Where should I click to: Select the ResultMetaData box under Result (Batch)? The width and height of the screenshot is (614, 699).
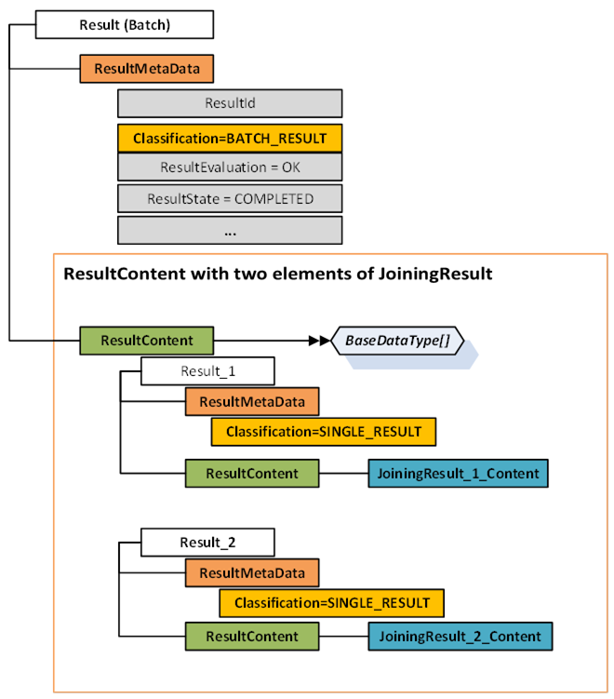tap(146, 68)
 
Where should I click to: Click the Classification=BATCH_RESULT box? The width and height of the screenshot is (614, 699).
tap(229, 138)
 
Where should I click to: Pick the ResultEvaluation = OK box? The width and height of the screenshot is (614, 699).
tap(229, 168)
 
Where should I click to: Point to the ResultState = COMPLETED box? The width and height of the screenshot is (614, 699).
tap(229, 198)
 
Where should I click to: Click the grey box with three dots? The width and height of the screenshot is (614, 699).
tap(229, 229)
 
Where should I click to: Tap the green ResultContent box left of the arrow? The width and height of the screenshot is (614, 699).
tap(146, 341)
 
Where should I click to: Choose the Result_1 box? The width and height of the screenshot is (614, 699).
tap(207, 371)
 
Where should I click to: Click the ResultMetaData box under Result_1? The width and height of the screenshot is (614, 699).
tap(252, 401)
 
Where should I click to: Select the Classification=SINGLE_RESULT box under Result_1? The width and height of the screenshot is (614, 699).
tap(323, 432)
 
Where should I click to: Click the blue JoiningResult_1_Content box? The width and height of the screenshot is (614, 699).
tap(458, 473)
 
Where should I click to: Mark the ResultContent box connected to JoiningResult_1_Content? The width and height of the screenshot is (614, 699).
tap(252, 473)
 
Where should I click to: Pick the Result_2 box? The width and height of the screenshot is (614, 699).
tap(207, 541)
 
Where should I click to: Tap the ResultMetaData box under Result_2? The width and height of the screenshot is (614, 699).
tap(252, 572)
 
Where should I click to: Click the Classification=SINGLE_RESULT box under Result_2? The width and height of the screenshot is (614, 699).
tap(331, 603)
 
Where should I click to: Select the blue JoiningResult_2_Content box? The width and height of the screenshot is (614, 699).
tap(460, 637)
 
